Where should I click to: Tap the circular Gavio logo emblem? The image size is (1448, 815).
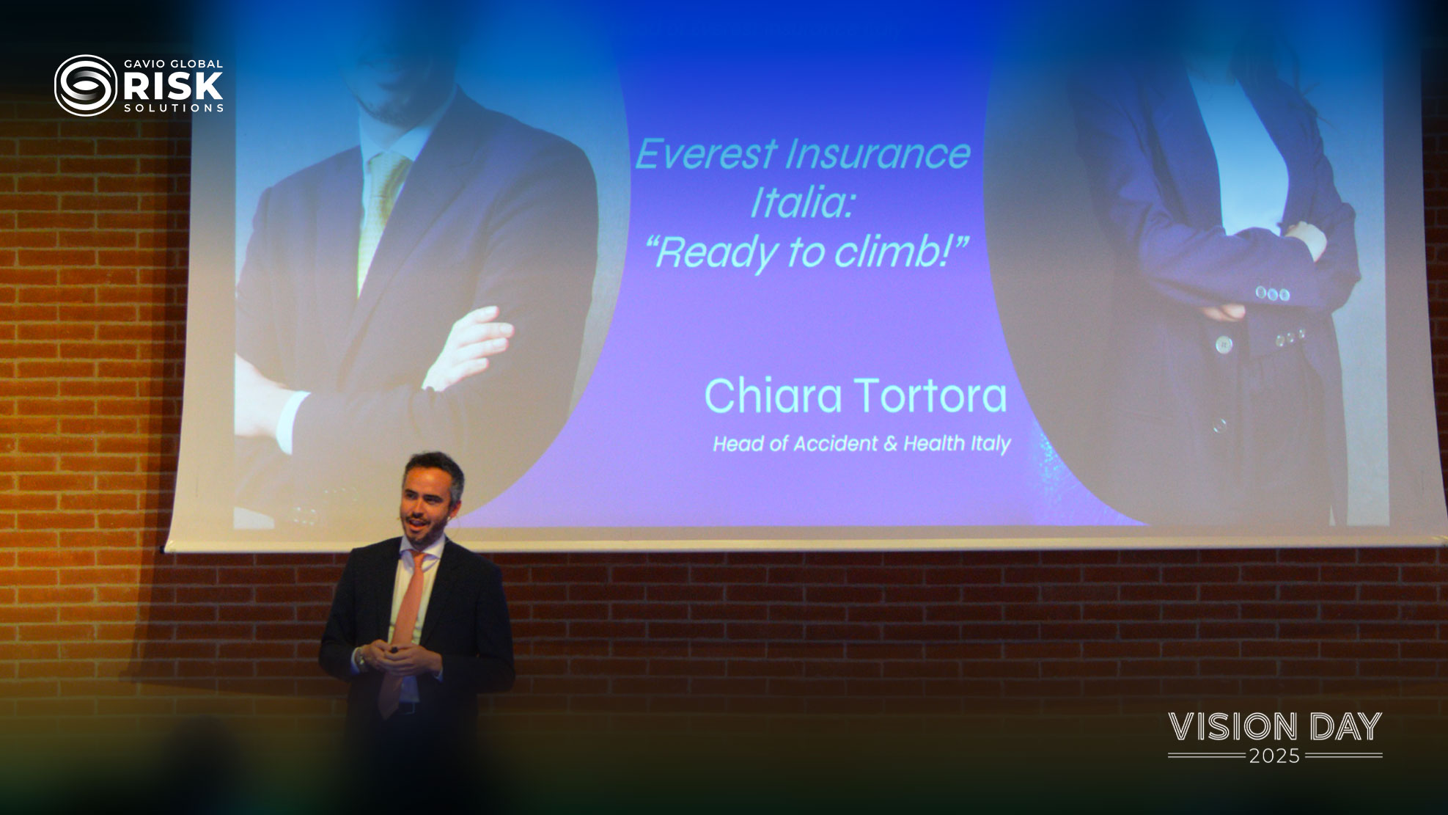pyautogui.click(x=86, y=86)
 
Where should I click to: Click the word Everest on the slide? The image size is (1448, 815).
pyautogui.click(x=706, y=154)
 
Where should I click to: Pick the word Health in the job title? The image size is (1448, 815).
pyautogui.click(x=933, y=443)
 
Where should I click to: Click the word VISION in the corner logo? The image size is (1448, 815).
pyautogui.click(x=1233, y=727)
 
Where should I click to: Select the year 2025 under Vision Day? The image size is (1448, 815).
pyautogui.click(x=1275, y=756)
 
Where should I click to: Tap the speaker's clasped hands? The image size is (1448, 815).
pyautogui.click(x=396, y=655)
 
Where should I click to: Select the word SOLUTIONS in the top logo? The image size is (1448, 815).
pyautogui.click(x=174, y=108)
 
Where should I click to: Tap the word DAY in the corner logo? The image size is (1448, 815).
pyautogui.click(x=1345, y=727)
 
